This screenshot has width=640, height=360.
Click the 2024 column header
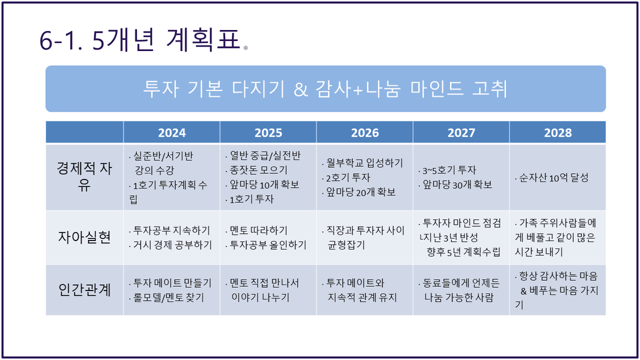point(172,133)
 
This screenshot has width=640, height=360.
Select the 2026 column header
point(365,133)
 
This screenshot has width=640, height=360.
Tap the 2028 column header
point(558,133)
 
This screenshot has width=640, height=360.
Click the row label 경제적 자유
point(84,176)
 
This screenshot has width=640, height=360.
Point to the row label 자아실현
point(84,237)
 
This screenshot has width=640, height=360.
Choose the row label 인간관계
point(84,289)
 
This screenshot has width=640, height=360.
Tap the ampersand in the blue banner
point(301,89)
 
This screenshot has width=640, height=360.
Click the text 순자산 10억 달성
point(554,178)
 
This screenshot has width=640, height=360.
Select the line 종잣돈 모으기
point(258,170)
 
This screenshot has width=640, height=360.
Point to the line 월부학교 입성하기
point(365,163)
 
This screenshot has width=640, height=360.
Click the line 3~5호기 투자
point(449,171)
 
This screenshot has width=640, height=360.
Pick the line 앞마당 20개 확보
point(361,192)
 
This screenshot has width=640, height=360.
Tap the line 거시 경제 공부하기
point(173,245)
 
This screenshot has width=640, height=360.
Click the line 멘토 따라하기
point(258,231)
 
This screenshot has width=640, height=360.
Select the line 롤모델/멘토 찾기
point(168,298)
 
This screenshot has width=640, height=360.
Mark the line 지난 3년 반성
point(451,237)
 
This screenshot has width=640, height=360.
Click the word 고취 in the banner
point(489,88)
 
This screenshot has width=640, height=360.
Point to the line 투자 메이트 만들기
point(172,283)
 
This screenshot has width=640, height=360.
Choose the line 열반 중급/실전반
point(265,156)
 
